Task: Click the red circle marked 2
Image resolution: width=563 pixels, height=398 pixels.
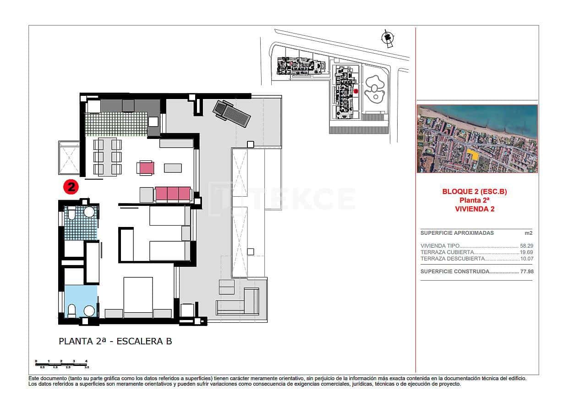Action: pos(71,186)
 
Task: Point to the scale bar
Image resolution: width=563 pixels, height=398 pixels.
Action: pos(61,364)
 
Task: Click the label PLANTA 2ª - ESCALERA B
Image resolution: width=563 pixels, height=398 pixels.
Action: pos(115,341)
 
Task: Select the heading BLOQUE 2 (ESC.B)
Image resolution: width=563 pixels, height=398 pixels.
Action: pos(475,192)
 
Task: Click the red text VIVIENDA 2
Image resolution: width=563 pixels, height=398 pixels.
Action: pos(475,209)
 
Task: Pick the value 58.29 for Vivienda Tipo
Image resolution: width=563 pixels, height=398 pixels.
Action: pos(526,246)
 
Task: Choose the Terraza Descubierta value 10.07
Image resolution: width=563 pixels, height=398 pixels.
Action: pos(526,259)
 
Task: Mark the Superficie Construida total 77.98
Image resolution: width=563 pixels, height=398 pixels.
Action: pos(526,271)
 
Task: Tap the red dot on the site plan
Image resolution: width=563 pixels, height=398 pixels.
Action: pos(355,91)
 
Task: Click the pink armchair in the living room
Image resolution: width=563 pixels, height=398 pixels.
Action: pos(146,168)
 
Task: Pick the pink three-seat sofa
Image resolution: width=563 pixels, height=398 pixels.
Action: pos(173,194)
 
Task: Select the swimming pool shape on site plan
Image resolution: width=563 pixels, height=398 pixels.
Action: pos(374,89)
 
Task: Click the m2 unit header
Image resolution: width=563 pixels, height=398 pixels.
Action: pos(529,233)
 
